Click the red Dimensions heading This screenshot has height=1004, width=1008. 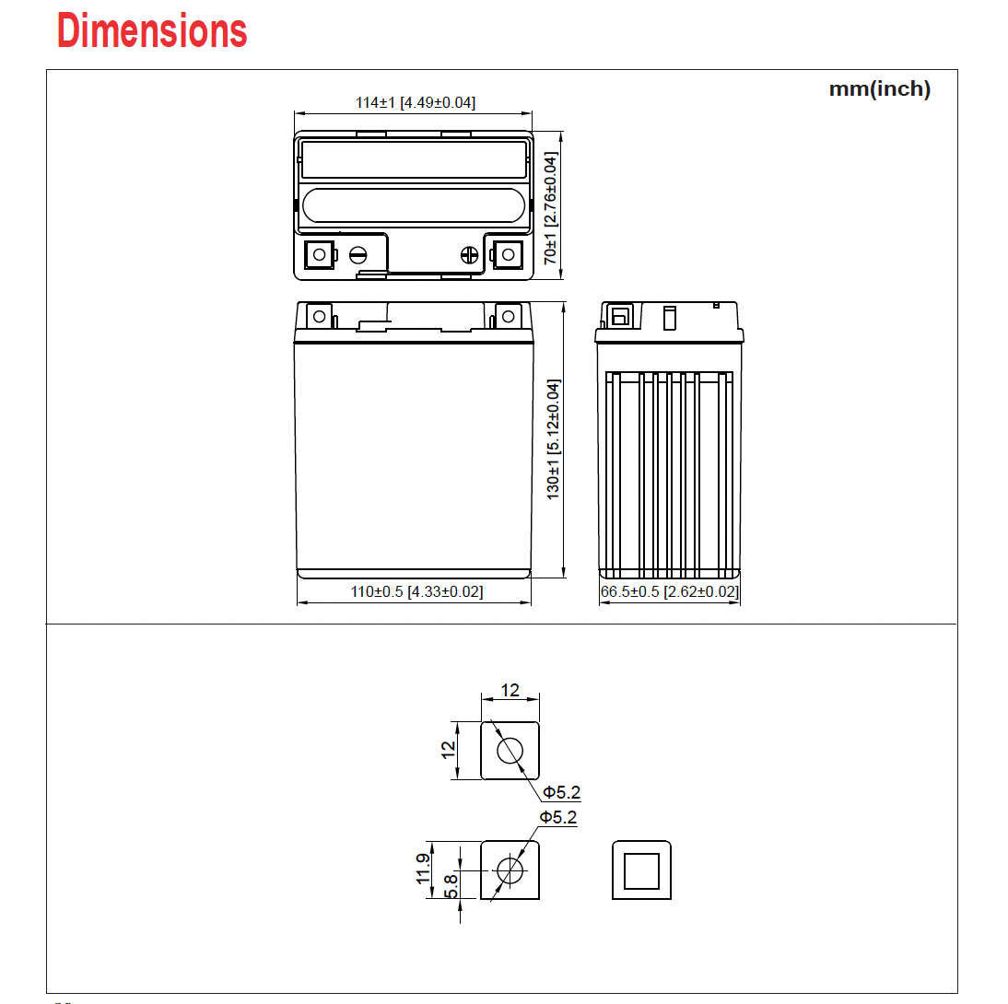(152, 31)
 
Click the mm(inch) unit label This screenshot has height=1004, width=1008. (879, 89)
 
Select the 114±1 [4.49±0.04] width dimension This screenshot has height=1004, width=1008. (416, 102)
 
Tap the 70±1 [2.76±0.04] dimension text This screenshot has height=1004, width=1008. (551, 210)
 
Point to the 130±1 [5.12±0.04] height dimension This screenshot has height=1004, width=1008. (554, 439)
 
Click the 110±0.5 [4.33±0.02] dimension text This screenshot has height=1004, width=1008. (416, 591)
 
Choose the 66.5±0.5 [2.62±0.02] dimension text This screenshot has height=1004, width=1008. (669, 591)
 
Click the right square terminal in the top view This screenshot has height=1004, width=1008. (506, 254)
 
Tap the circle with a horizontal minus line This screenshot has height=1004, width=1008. (358, 255)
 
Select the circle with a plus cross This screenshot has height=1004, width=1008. (469, 255)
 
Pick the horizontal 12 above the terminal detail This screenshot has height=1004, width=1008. (510, 690)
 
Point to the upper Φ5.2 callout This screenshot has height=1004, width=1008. (561, 792)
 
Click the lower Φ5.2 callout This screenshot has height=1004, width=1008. (558, 817)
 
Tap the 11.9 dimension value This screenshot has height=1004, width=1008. (423, 870)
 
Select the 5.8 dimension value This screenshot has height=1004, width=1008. (451, 886)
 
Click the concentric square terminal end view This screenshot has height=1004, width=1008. (641, 870)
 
